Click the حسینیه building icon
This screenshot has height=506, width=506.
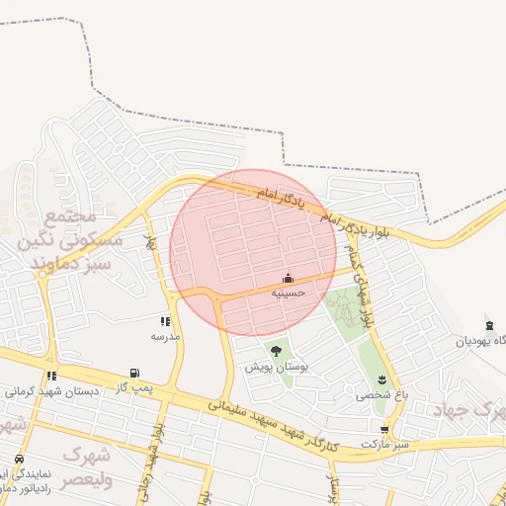tap(288, 278)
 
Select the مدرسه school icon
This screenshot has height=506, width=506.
tap(165, 321)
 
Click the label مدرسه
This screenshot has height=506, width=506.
tap(165, 336)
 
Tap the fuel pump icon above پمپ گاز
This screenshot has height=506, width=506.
tap(133, 375)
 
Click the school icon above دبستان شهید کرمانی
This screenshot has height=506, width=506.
tap(50, 376)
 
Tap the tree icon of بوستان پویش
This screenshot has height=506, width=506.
tap(276, 351)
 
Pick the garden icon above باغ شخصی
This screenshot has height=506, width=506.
tap(382, 380)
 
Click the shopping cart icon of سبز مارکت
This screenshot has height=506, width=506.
tap(384, 430)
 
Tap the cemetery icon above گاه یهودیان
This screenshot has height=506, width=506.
tap(489, 325)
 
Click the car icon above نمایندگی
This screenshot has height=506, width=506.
tap(20, 461)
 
